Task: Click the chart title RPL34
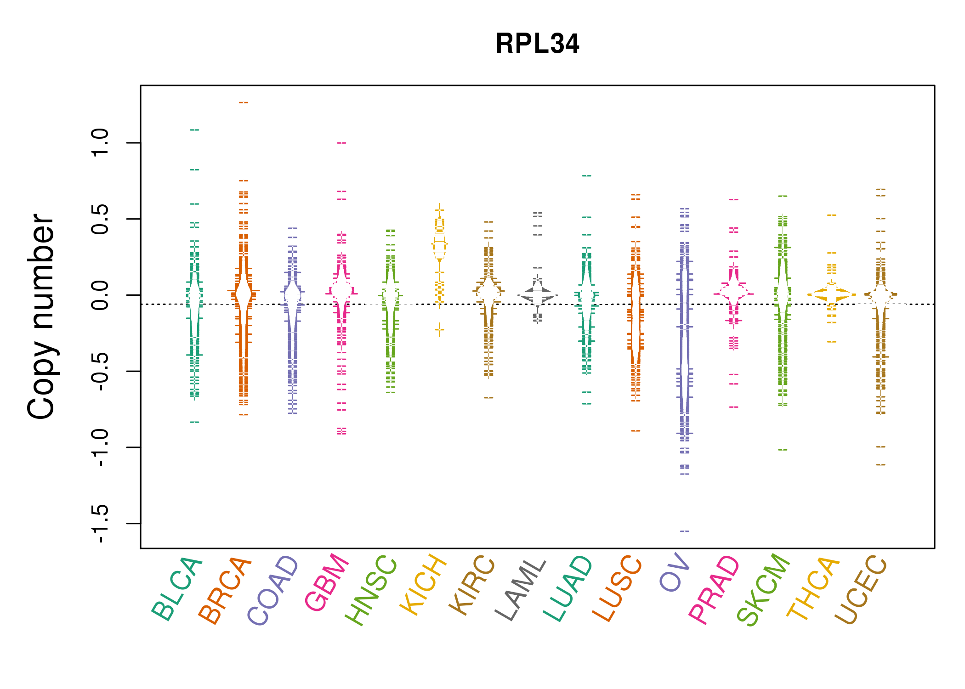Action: point(537,44)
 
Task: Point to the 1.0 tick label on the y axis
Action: point(100,143)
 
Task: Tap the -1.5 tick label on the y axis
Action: point(100,523)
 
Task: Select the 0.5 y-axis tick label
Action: point(100,219)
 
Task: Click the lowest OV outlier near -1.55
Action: point(685,531)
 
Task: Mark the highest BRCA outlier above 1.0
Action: point(244,102)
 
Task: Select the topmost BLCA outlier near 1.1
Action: point(194,130)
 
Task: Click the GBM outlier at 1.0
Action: point(341,143)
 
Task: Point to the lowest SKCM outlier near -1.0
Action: point(783,450)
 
